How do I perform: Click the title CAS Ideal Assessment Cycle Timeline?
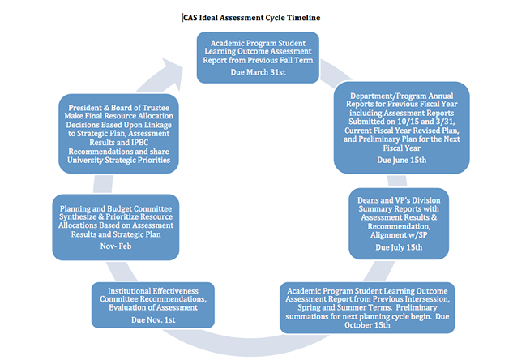(x=251, y=18)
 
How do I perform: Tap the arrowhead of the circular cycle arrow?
(x=173, y=72)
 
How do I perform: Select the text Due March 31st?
(x=258, y=72)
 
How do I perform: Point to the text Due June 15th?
(x=402, y=160)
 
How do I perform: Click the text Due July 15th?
(x=399, y=247)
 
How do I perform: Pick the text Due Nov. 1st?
(x=153, y=319)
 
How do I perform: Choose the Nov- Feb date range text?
(x=116, y=246)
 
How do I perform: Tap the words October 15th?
(x=367, y=325)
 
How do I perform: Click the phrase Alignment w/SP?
(x=399, y=235)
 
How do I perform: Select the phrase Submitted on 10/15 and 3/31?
(x=402, y=122)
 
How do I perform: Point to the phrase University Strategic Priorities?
(x=119, y=160)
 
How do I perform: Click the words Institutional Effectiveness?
(x=153, y=291)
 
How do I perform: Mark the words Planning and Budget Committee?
(x=116, y=209)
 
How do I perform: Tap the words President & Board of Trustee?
(x=119, y=108)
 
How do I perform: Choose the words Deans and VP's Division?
(x=399, y=200)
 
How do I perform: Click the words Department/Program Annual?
(x=402, y=96)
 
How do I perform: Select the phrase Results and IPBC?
(x=119, y=143)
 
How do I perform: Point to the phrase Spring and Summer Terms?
(x=344, y=307)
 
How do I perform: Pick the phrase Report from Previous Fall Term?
(x=258, y=60)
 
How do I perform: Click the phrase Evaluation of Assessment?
(x=153, y=307)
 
